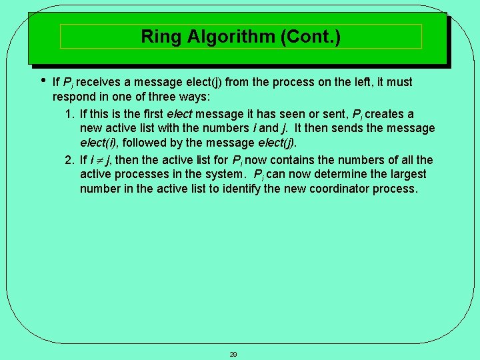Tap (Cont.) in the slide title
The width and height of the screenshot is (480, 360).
coord(311,37)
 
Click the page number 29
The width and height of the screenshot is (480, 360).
coord(233,354)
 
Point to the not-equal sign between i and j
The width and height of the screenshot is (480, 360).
coord(98,160)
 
